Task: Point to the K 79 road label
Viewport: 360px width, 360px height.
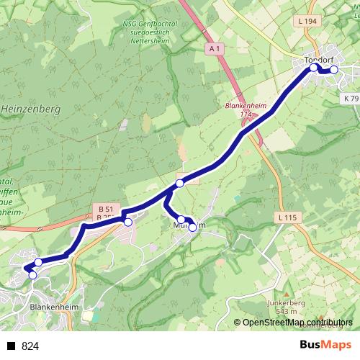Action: (351, 98)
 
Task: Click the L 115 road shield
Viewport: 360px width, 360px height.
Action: (287, 217)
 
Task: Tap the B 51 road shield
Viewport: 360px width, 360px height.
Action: (104, 209)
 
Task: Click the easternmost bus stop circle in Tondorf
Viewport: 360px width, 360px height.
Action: (333, 70)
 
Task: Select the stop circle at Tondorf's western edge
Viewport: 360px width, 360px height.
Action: (314, 68)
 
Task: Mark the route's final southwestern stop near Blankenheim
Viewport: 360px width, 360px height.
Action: (32, 274)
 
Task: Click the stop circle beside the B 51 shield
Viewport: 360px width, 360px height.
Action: (128, 222)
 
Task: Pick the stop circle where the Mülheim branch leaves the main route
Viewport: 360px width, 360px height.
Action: (180, 183)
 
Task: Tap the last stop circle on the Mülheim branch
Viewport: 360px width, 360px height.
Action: (192, 228)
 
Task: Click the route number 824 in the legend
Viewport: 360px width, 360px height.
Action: (30, 346)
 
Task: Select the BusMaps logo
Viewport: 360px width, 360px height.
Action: (325, 346)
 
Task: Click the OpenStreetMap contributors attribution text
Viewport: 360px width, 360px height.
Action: (296, 323)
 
